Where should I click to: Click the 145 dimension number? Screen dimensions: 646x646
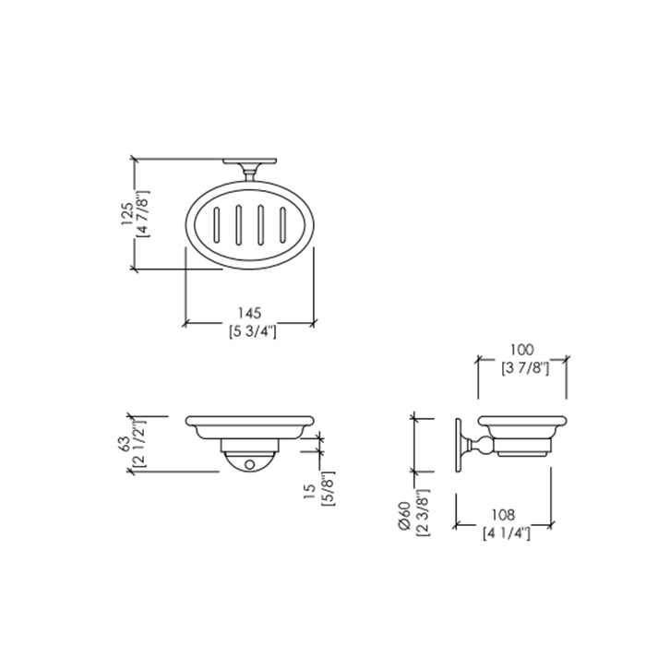(x=250, y=313)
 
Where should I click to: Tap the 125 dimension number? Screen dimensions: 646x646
(x=127, y=213)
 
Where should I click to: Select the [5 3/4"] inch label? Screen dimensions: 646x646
(x=252, y=331)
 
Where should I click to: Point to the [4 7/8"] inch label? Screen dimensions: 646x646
(x=143, y=213)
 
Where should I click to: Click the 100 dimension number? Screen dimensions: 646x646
(x=522, y=350)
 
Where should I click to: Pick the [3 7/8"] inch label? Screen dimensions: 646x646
(x=525, y=368)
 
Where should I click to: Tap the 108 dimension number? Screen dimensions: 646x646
(x=503, y=515)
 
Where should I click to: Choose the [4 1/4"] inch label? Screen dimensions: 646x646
(x=507, y=533)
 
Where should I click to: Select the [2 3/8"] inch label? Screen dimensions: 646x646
(x=423, y=512)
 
